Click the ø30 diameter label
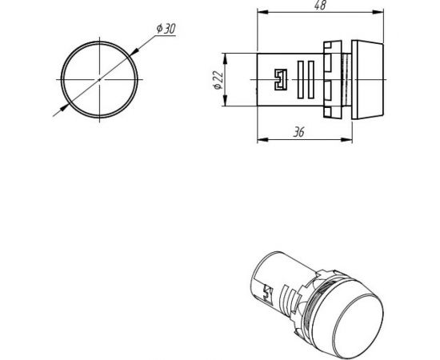(166, 28)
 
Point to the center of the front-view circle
(100, 79)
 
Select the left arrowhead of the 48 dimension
(261, 13)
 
